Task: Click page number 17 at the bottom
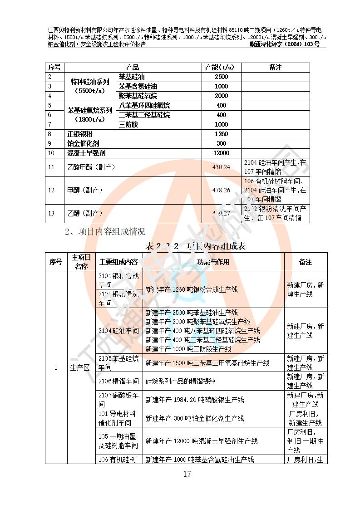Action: pyautogui.click(x=187, y=474)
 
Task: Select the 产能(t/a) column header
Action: pyautogui.click(x=221, y=67)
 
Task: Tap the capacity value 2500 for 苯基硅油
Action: pyautogui.click(x=221, y=77)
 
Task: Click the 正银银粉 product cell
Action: pyautogui.click(x=80, y=134)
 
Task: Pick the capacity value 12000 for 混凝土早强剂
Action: pyautogui.click(x=221, y=153)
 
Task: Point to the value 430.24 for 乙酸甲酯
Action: pyautogui.click(x=221, y=167)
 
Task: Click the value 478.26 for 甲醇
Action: pyautogui.click(x=221, y=190)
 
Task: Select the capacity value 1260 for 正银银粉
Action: pyautogui.click(x=221, y=134)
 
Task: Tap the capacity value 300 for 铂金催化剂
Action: pyautogui.click(x=221, y=143)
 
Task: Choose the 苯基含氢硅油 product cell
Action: pyautogui.click(x=138, y=86)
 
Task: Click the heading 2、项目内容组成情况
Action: pyautogui.click(x=105, y=232)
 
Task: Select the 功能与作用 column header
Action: pyautogui.click(x=213, y=262)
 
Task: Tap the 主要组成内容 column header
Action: pyautogui.click(x=118, y=262)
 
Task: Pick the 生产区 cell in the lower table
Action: pyautogui.click(x=80, y=367)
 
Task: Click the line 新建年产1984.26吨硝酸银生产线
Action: pyautogui.click(x=195, y=400)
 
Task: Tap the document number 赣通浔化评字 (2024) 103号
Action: pyautogui.click(x=285, y=44)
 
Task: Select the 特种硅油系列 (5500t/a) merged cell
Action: pyautogui.click(x=90, y=86)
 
